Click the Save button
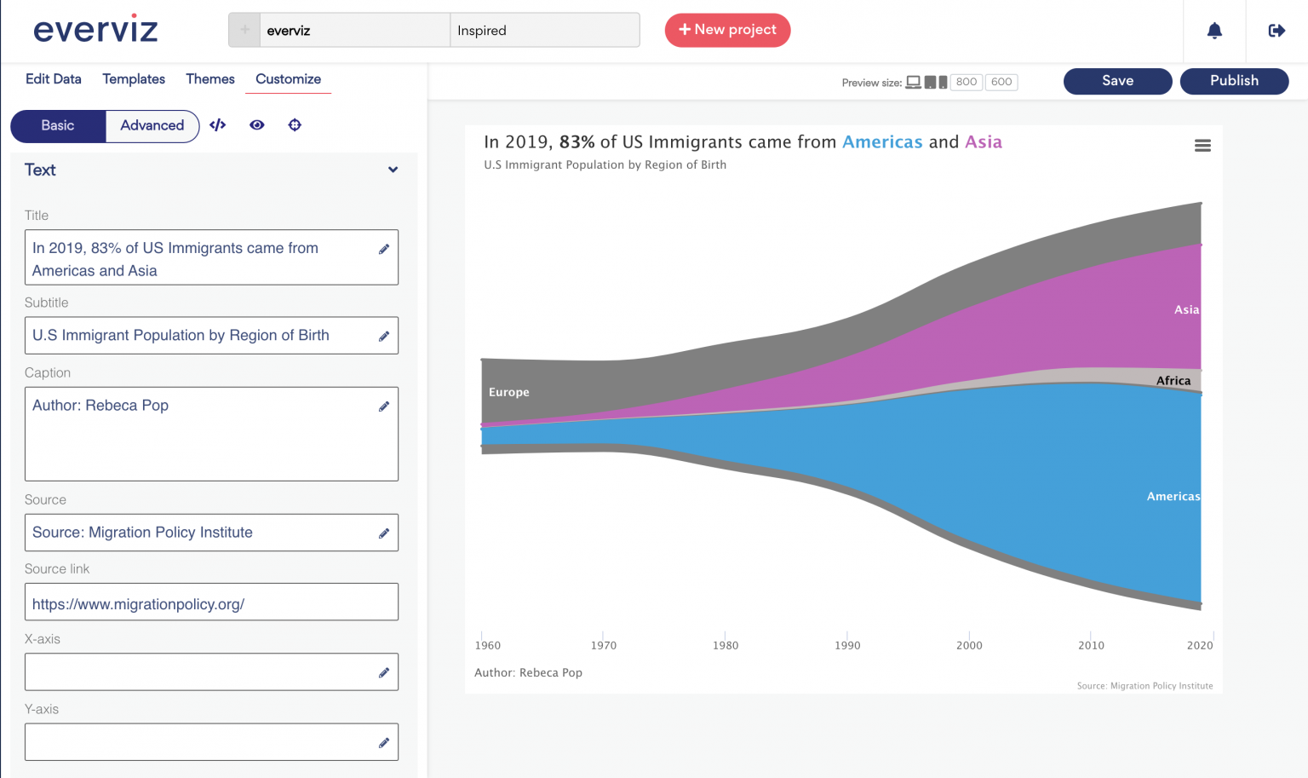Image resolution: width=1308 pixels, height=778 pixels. (1117, 81)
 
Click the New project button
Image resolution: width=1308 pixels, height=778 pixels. (727, 30)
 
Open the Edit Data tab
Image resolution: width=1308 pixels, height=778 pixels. (54, 79)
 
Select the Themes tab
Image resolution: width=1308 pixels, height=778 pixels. (210, 79)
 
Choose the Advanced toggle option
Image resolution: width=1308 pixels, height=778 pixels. (152, 125)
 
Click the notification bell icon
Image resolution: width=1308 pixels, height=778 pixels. (1214, 31)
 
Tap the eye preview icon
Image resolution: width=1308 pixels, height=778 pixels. (256, 125)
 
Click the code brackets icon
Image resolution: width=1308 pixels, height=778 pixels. (218, 125)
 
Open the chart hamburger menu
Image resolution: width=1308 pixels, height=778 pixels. (1202, 146)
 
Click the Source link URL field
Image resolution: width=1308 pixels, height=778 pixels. (211, 602)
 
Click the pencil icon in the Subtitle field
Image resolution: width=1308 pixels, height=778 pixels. (384, 337)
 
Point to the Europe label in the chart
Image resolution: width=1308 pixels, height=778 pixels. (509, 392)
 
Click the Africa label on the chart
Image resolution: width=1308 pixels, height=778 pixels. (1173, 381)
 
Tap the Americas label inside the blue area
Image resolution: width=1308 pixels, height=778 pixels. (1173, 496)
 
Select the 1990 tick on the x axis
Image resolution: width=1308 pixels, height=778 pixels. (847, 645)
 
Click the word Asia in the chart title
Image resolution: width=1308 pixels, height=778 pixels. (983, 142)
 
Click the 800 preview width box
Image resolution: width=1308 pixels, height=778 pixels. (966, 82)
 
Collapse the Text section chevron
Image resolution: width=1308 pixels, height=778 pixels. (393, 170)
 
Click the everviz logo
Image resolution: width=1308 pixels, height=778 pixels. (95, 30)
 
